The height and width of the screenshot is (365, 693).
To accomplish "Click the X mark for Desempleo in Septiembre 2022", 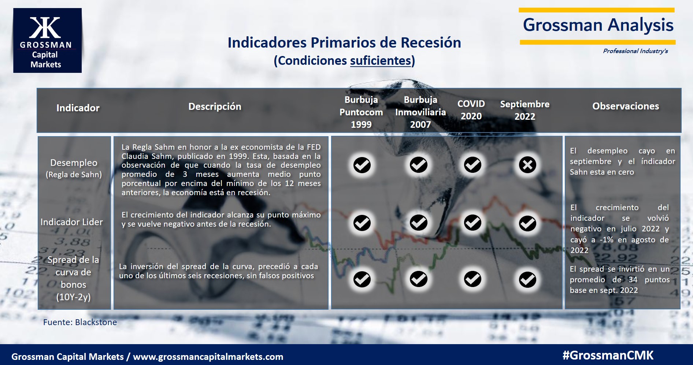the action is pos(527,165).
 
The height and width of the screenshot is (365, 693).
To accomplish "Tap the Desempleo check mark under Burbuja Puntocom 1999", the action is pos(362,165).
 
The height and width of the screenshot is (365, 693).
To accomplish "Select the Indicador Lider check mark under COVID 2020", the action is pos(472,223).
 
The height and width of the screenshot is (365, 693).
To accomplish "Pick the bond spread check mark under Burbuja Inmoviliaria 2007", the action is pos(419,279).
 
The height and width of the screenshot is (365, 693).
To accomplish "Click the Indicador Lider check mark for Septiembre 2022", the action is pos(527,223).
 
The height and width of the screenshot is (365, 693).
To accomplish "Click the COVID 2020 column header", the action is pos(471,110).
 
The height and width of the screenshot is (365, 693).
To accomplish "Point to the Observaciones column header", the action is pos(626,106).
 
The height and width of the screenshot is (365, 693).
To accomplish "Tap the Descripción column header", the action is pos(215,107).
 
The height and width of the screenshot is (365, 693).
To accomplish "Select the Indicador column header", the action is pos(78,108).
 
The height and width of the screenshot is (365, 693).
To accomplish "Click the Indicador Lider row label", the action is pos(72,222).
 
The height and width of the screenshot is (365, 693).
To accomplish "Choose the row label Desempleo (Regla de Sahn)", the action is pos(74,168).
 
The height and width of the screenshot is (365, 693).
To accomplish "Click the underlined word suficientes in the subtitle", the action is pos(381,60).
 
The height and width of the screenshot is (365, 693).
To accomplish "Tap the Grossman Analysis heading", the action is pos(598,25).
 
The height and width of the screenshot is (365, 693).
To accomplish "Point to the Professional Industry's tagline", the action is pos(635,51).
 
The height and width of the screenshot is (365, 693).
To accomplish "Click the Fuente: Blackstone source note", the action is pos(80,322).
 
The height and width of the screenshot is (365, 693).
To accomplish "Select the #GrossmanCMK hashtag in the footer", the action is pos(608,355).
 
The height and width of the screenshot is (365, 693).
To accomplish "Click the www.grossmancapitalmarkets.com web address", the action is pos(208,357).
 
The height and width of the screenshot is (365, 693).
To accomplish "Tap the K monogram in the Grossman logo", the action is pos(45,27).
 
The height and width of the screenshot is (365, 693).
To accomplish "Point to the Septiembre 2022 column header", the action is pos(525,110).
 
